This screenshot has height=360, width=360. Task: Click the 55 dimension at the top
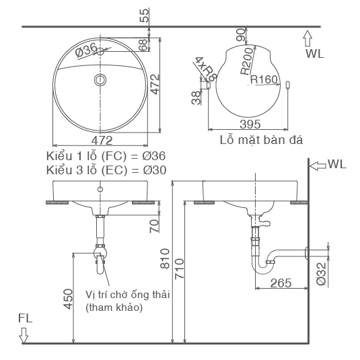tap(143, 14)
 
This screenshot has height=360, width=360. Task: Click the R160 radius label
tap(264, 79)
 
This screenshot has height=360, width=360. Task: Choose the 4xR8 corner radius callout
tap(204, 68)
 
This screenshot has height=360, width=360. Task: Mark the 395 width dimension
tap(250, 124)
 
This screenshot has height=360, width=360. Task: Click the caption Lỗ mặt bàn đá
tap(261, 141)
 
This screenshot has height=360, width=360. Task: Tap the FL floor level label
tap(25, 317)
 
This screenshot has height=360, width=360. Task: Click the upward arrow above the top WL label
tap(308, 36)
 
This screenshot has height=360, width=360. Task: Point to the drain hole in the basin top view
tap(101, 80)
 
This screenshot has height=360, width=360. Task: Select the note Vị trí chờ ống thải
tap(128, 294)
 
